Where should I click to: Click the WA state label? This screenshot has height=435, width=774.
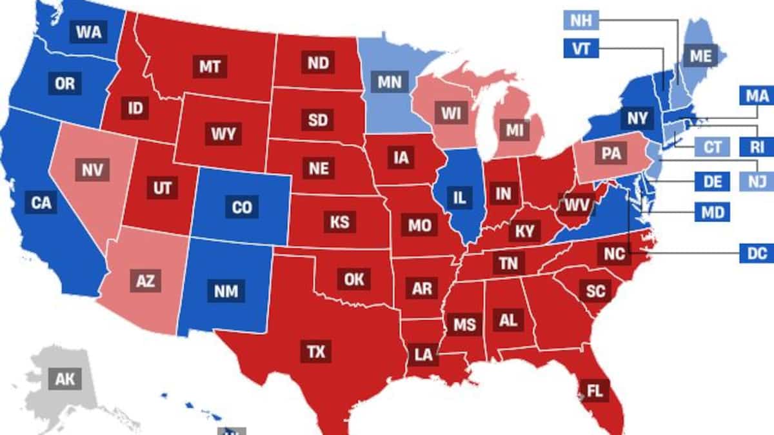[x=88, y=32]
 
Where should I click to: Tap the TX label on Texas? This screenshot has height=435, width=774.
[x=316, y=352]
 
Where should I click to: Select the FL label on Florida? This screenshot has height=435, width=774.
[x=594, y=390]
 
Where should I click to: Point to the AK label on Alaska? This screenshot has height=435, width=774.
[x=64, y=379]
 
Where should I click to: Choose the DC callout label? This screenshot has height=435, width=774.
[x=757, y=254]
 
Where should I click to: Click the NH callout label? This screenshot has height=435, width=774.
[x=580, y=21]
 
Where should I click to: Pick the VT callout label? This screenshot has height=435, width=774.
[x=581, y=49]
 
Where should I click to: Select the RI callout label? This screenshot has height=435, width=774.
[x=757, y=147]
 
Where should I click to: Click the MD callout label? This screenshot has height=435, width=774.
[x=713, y=212]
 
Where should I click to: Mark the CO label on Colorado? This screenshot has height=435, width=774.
[x=242, y=208]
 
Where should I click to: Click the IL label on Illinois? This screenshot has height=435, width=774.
[x=459, y=197]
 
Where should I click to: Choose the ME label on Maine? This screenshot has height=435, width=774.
[x=699, y=56]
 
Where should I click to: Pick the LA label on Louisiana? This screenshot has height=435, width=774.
[x=423, y=354]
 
